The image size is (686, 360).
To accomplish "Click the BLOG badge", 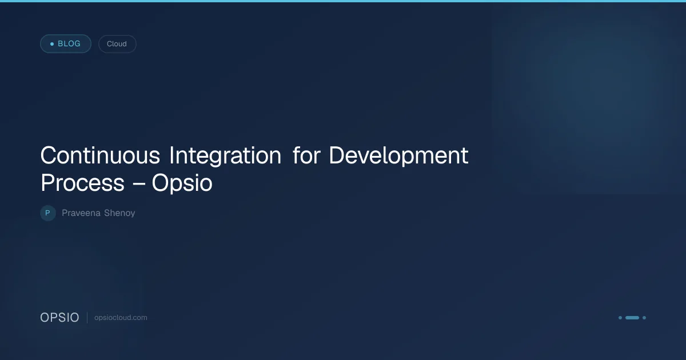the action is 66,44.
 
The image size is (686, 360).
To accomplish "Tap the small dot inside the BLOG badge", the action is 52,44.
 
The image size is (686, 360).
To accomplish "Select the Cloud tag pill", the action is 117,44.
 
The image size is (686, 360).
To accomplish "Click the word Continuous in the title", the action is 100,155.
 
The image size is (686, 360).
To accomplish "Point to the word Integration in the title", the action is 225,155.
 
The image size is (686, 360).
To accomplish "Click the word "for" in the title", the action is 306,155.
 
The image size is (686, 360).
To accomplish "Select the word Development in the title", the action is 399,155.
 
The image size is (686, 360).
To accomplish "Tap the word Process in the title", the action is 83,183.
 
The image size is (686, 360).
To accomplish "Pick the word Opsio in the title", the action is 182,183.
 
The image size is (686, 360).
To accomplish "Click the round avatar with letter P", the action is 48,213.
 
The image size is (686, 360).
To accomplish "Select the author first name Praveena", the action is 81,213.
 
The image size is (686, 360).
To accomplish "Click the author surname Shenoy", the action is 119,213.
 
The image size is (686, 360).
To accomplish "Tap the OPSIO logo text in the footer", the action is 59,318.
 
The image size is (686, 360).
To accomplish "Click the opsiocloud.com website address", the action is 121,318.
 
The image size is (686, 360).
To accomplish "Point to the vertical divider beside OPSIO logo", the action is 87,318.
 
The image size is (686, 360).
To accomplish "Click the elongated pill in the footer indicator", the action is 632,318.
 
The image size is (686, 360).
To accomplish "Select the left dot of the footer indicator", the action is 620,318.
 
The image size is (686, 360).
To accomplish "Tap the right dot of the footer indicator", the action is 644,318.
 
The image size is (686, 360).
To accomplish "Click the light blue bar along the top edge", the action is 343,1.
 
